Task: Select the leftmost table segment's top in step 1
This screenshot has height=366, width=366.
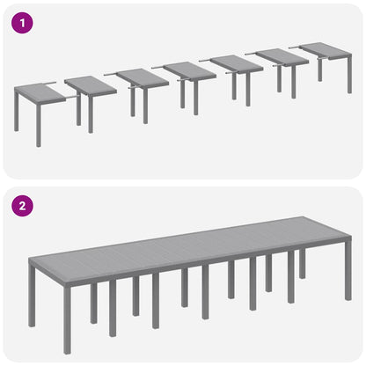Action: pos(39,92)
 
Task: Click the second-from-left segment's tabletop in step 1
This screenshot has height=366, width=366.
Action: pos(90,85)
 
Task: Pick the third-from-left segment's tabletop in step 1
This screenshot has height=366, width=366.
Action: pos(141,78)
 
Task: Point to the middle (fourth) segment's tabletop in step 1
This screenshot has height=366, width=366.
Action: pos(188,70)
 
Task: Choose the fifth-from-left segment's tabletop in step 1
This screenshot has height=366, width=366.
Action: pos(236,63)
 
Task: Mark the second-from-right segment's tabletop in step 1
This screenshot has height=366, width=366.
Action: pos(282,56)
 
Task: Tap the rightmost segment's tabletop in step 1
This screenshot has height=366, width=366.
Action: pos(326,49)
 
